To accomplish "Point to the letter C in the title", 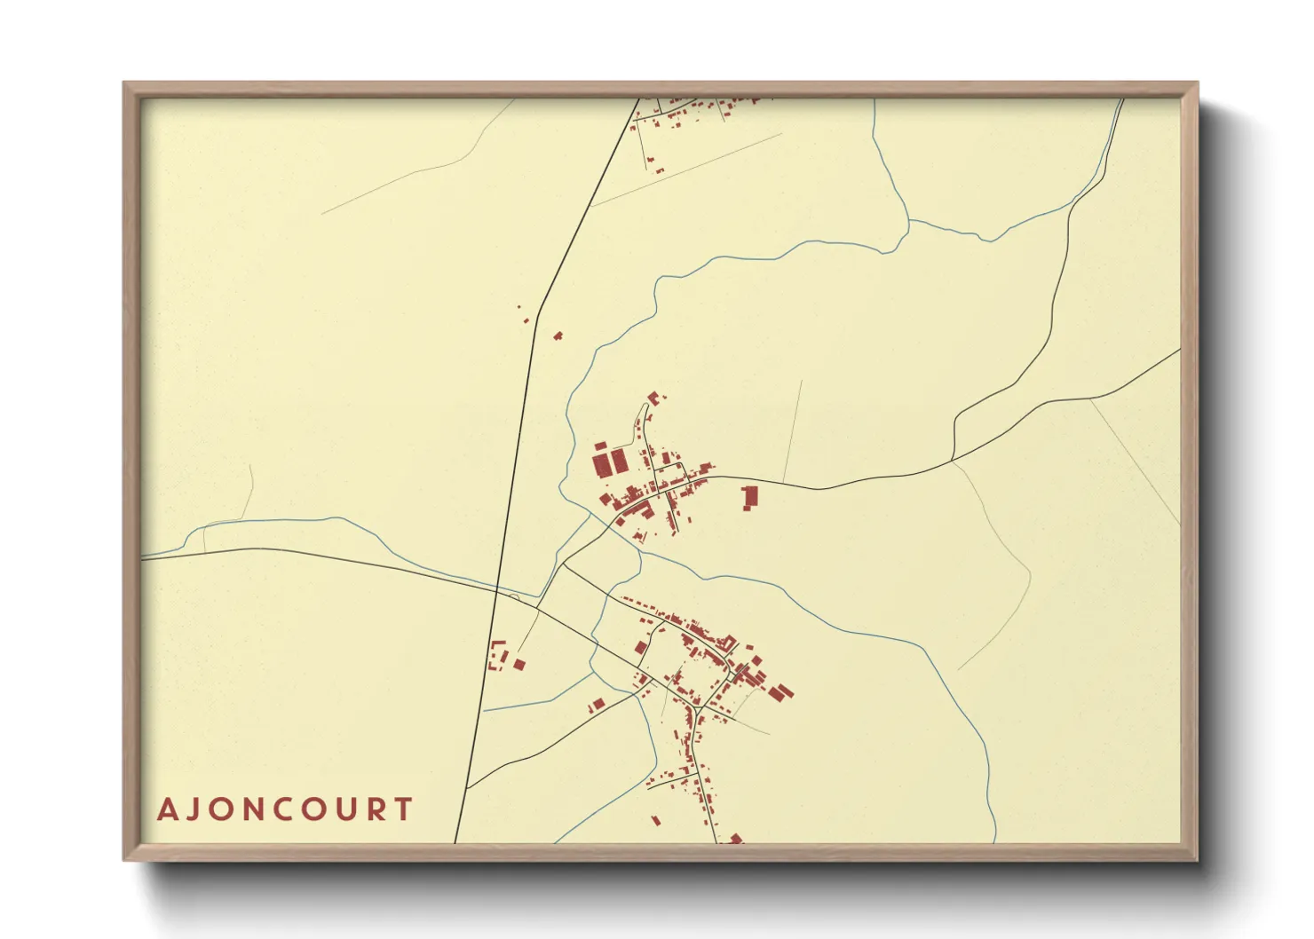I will (291, 809).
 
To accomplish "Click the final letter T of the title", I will (405, 809).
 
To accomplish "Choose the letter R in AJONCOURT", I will (380, 809).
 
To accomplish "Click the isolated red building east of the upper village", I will (750, 496).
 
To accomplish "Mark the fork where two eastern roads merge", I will (953, 460).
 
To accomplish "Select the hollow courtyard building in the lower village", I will (729, 643).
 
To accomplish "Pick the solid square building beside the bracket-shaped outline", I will (518, 664).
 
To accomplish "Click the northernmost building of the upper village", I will (655, 398).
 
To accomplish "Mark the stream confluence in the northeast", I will (908, 220).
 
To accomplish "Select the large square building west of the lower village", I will (598, 705).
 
